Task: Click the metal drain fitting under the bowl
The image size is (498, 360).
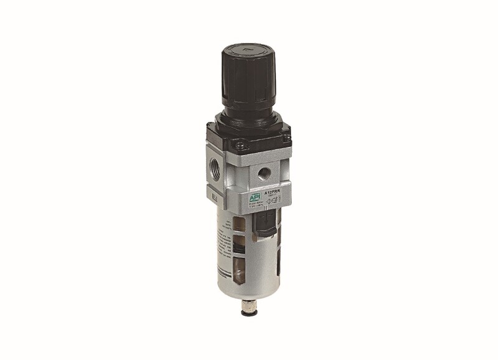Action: [248, 303]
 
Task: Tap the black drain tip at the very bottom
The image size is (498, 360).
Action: [248, 311]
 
